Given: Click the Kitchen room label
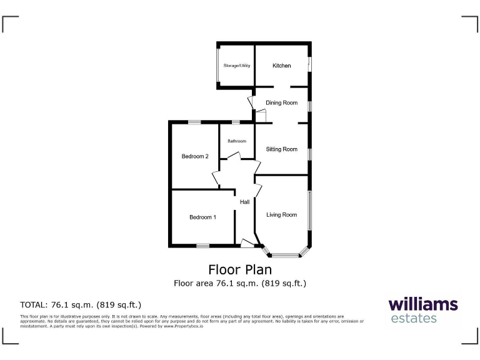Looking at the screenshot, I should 281,66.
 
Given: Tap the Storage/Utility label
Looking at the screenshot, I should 237,66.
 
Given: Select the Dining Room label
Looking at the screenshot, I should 281,102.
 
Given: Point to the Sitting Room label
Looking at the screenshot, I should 281,149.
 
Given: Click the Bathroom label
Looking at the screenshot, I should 236,141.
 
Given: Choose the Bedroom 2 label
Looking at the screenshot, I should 195,156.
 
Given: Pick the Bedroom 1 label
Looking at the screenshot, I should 202,217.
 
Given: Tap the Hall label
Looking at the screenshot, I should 245,202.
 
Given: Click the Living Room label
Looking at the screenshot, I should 281,215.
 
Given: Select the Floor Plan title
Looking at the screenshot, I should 240,269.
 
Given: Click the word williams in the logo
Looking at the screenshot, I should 423,305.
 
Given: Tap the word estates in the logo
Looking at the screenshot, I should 414,319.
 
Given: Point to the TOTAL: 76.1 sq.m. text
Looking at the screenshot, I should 81,305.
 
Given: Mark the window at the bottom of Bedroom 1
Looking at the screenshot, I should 202,246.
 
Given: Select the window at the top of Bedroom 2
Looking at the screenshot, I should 195,122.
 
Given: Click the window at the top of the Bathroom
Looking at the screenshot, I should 235,122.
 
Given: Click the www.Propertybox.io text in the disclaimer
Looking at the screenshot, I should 182,326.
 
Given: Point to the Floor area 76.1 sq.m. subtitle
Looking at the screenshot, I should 240,283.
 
